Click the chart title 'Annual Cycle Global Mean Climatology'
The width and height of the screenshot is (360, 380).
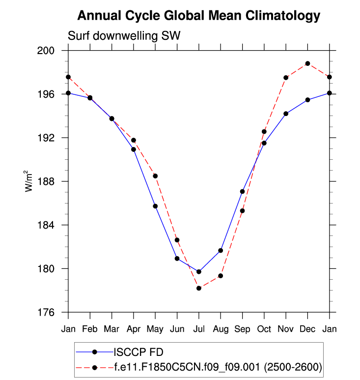(x=198, y=16)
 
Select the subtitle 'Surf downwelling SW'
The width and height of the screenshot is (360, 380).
(x=124, y=36)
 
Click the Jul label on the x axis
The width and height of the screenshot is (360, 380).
(x=199, y=328)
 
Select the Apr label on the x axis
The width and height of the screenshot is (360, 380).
(x=133, y=328)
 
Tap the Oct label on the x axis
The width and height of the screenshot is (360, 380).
(x=264, y=328)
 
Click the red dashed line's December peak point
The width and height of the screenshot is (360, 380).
(x=307, y=63)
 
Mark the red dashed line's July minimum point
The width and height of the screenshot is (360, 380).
(x=199, y=288)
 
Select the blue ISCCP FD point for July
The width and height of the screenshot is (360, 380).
(x=199, y=272)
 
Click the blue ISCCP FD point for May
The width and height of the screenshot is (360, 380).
(x=155, y=206)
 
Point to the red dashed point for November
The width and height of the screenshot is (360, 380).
(x=286, y=78)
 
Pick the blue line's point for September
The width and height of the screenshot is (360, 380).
(x=243, y=191)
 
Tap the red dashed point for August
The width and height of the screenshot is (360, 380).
(x=221, y=276)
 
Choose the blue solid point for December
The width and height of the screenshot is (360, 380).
(x=307, y=100)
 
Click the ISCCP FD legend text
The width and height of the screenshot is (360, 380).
(x=138, y=351)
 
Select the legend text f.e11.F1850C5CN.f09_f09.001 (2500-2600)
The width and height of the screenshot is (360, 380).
(x=218, y=366)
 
